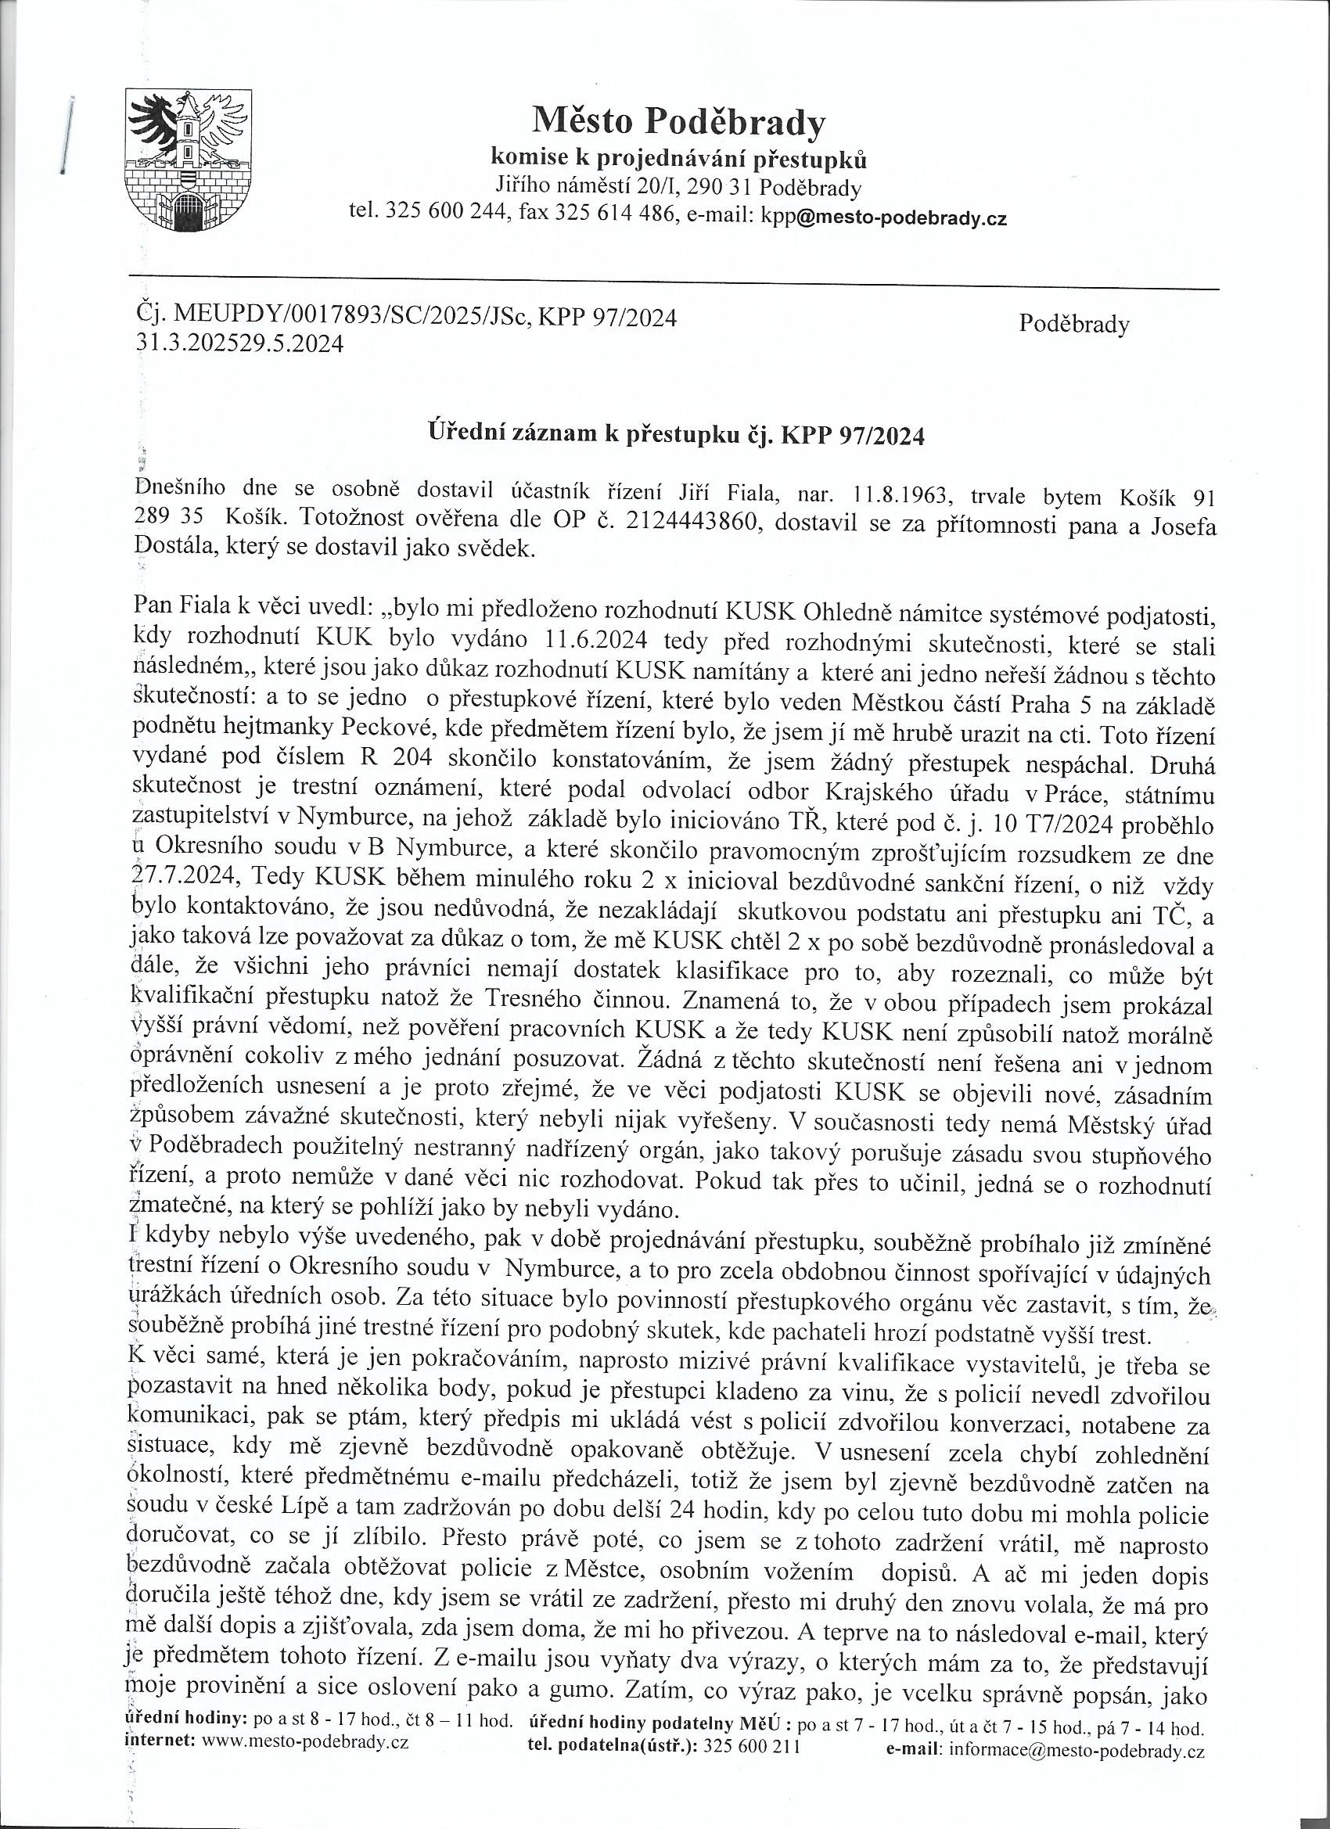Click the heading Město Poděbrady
coord(678,123)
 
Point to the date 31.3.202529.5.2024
coord(239,344)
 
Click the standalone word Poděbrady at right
coord(1073,324)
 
